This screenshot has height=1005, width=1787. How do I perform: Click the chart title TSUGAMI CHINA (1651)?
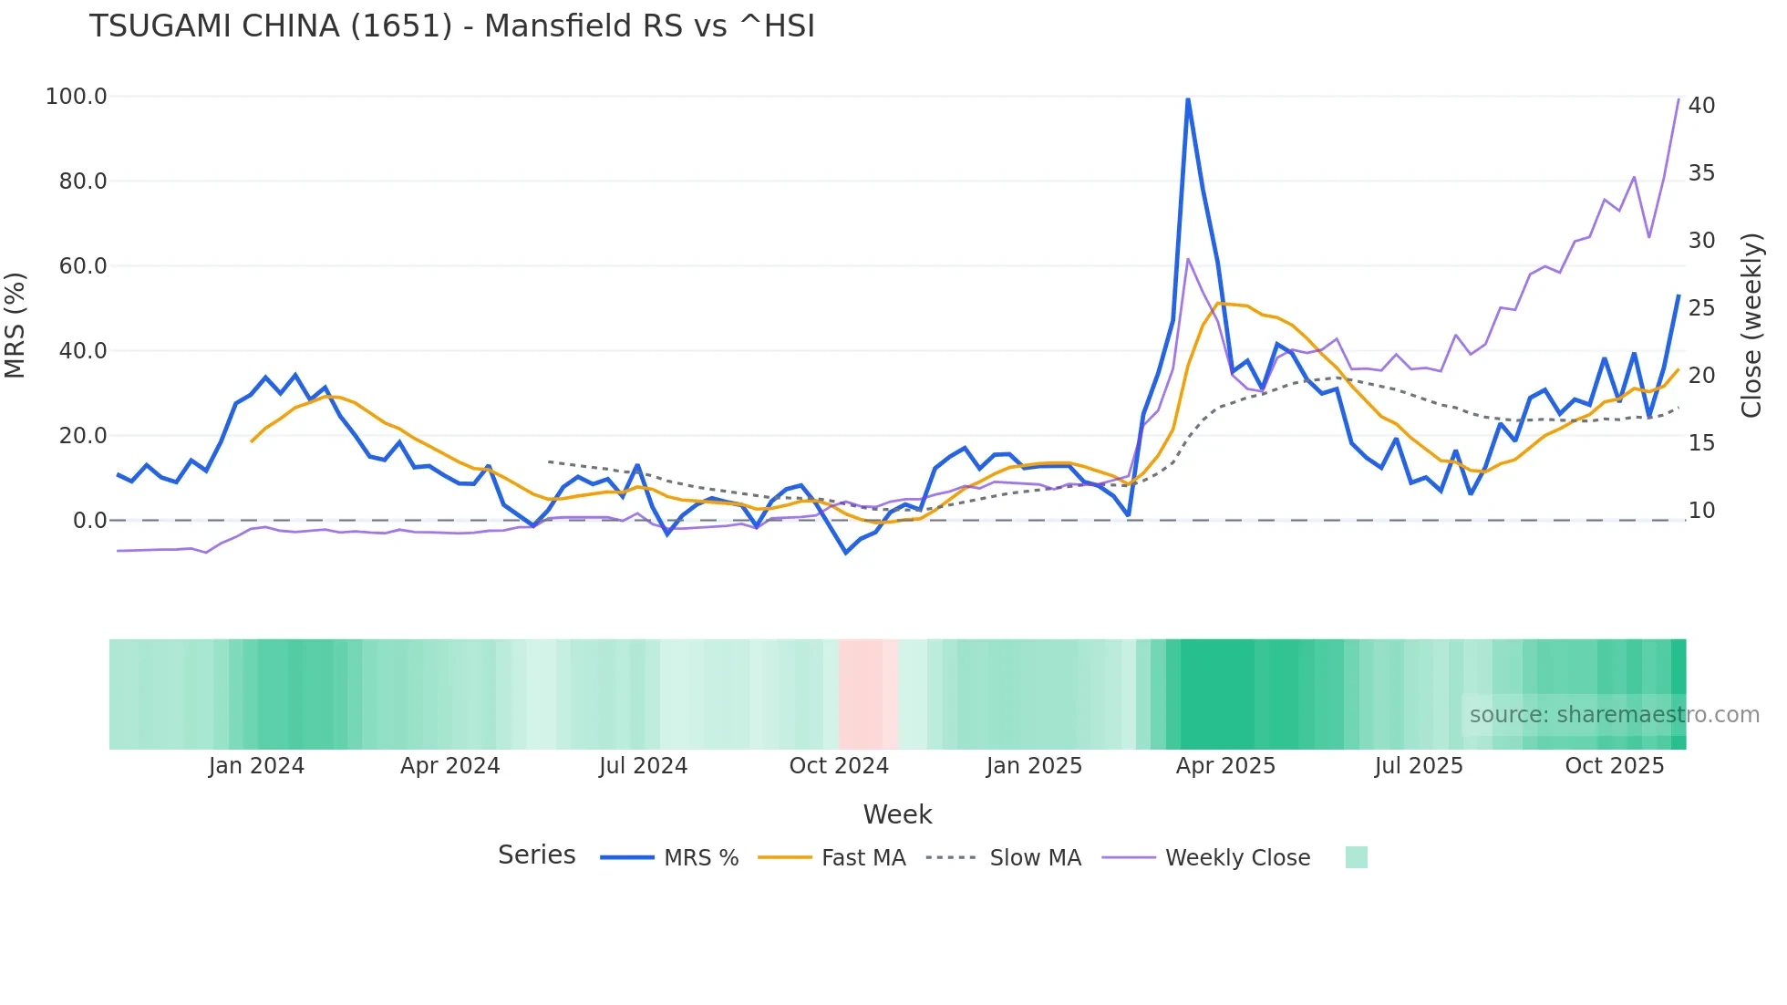pyautogui.click(x=451, y=26)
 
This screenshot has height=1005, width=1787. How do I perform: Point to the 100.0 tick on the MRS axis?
pyautogui.click(x=77, y=97)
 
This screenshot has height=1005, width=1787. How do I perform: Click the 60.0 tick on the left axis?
pyautogui.click(x=83, y=266)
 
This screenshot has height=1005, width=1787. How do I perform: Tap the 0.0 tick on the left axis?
pyautogui.click(x=89, y=521)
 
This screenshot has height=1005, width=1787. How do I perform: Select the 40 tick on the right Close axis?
pyautogui.click(x=1701, y=106)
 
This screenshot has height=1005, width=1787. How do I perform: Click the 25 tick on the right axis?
pyautogui.click(x=1701, y=308)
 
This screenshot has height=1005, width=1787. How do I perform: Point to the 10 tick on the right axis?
pyautogui.click(x=1701, y=511)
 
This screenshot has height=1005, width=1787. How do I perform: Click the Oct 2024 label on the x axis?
pyautogui.click(x=839, y=766)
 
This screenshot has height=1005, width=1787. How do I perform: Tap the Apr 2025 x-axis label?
pyautogui.click(x=1225, y=766)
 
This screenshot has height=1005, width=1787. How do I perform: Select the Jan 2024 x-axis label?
pyautogui.click(x=256, y=766)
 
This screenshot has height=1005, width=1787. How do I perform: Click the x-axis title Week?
pyautogui.click(x=897, y=814)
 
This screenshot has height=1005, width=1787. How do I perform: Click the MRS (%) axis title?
pyautogui.click(x=15, y=325)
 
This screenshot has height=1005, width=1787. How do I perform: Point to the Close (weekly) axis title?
pyautogui.click(x=1751, y=325)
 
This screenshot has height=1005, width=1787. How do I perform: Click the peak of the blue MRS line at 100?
pyautogui.click(x=1188, y=98)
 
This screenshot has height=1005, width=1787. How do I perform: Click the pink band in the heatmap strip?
pyautogui.click(x=866, y=694)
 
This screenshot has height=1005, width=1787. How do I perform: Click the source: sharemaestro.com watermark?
pyautogui.click(x=1614, y=715)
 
